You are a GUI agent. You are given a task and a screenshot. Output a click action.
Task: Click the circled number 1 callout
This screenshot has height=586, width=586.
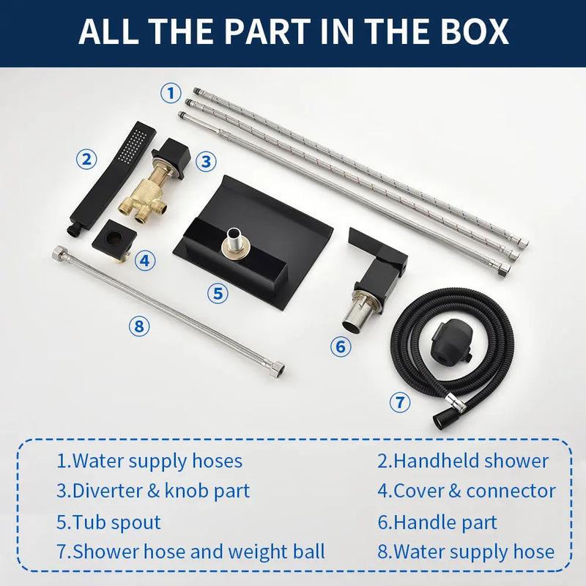(171, 93)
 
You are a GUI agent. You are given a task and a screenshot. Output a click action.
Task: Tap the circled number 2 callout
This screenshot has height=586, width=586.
(86, 159)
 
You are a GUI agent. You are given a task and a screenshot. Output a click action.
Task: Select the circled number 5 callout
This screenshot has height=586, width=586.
(218, 293)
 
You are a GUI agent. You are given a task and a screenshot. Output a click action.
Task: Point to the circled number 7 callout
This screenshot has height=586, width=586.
(400, 402)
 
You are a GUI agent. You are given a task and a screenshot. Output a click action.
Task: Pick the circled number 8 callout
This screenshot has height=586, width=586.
(139, 326)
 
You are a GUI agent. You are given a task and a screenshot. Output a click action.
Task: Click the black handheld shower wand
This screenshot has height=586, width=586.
(112, 179)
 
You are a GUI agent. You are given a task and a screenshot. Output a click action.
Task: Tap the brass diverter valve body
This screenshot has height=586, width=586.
(143, 196)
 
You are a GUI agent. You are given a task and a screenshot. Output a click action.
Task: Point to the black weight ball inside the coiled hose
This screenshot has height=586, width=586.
(450, 344)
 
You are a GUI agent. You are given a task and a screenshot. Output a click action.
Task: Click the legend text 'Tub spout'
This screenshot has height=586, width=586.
(116, 522)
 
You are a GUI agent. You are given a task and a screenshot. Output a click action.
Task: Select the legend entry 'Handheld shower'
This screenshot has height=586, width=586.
(471, 461)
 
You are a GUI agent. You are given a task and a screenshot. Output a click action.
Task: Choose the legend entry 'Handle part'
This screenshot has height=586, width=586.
(445, 522)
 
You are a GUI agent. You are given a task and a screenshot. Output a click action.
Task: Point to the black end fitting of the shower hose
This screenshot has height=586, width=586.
(441, 419)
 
